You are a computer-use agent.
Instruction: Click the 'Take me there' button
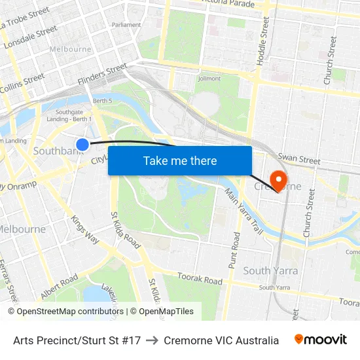coord(180,160)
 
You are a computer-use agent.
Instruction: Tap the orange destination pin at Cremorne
coord(278,180)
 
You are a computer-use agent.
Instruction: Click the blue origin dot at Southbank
coord(82,145)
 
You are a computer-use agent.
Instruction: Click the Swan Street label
coord(298,159)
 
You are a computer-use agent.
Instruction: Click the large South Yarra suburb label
coord(270,270)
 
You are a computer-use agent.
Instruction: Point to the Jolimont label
coord(209,79)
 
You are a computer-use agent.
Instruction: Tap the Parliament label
coord(126,25)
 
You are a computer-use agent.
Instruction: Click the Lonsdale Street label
coord(31,37)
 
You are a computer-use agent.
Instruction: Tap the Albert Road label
coord(59,287)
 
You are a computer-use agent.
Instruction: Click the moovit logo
coord(321,340)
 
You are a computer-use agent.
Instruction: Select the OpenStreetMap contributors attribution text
coord(65,312)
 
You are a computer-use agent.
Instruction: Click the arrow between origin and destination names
coord(153,340)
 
